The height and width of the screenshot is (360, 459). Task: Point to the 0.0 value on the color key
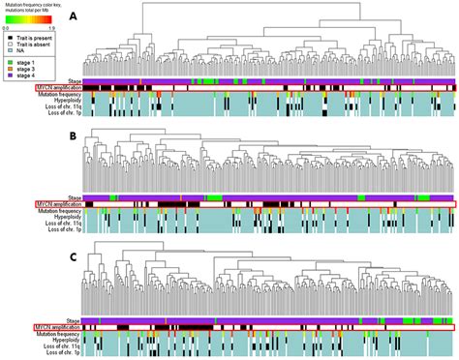[x=6, y=27]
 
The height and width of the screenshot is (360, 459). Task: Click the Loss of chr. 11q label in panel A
[x=60, y=106]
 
